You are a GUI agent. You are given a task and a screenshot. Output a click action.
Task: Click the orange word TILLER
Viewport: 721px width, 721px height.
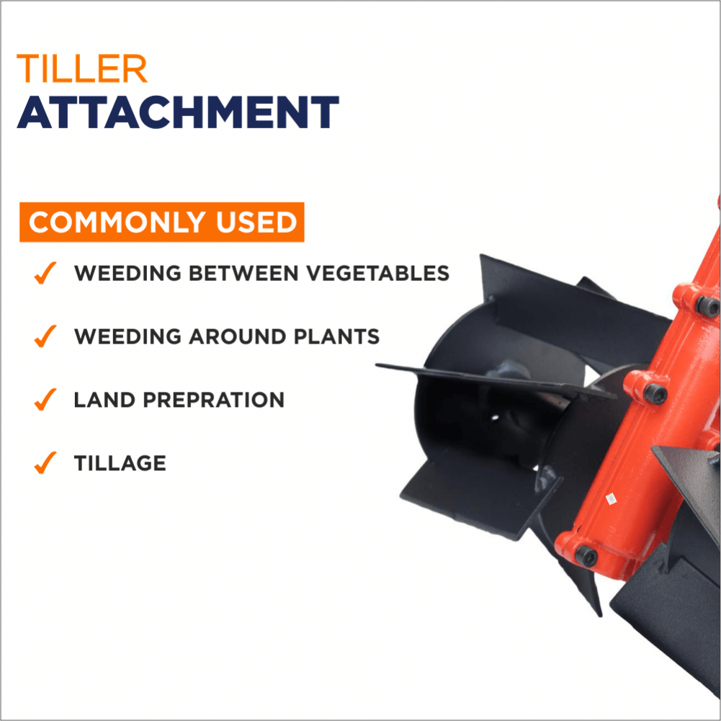pos(82,68)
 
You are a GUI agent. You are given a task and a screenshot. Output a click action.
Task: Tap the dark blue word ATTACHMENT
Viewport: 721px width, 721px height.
pos(178,112)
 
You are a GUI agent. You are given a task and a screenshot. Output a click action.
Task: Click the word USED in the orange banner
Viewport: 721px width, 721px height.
pos(256,222)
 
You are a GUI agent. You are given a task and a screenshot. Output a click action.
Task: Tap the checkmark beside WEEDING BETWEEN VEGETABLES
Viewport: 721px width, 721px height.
pos(45,273)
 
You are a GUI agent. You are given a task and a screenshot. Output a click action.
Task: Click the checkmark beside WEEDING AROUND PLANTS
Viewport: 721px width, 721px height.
pos(45,336)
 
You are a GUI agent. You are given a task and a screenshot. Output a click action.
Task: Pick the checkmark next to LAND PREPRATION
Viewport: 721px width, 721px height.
pos(45,399)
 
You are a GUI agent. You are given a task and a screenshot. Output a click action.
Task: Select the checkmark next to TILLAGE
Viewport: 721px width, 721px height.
pos(45,462)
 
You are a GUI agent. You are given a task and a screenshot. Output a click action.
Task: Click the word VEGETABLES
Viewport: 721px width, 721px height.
pos(378,273)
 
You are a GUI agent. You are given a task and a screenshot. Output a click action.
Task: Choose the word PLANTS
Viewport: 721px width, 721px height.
pos(336,336)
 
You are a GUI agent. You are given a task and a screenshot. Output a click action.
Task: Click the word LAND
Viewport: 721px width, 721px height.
pos(104,400)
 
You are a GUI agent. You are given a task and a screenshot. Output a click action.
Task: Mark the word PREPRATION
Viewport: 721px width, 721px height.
pos(214,400)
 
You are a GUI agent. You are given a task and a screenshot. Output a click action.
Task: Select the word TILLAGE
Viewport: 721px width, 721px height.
pos(120,463)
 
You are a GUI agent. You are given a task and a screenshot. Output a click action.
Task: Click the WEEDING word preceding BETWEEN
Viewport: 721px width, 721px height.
pos(127,273)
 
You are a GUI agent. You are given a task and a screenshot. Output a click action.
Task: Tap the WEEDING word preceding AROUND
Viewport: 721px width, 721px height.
pos(127,336)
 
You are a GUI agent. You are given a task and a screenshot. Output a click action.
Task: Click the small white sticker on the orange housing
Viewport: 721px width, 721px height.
pos(611,498)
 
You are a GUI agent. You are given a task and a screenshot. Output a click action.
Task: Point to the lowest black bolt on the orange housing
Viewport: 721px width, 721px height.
pos(586,555)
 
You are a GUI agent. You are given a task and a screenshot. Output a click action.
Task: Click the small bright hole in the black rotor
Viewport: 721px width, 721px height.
pos(495,418)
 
